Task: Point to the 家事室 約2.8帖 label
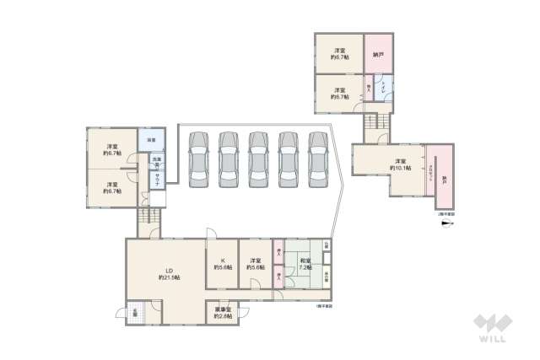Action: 224,313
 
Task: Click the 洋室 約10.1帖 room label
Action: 400,164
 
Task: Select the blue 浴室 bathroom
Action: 150,139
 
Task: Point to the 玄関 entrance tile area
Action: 136,312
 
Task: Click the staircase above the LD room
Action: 149,221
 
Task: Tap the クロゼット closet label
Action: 429,177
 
